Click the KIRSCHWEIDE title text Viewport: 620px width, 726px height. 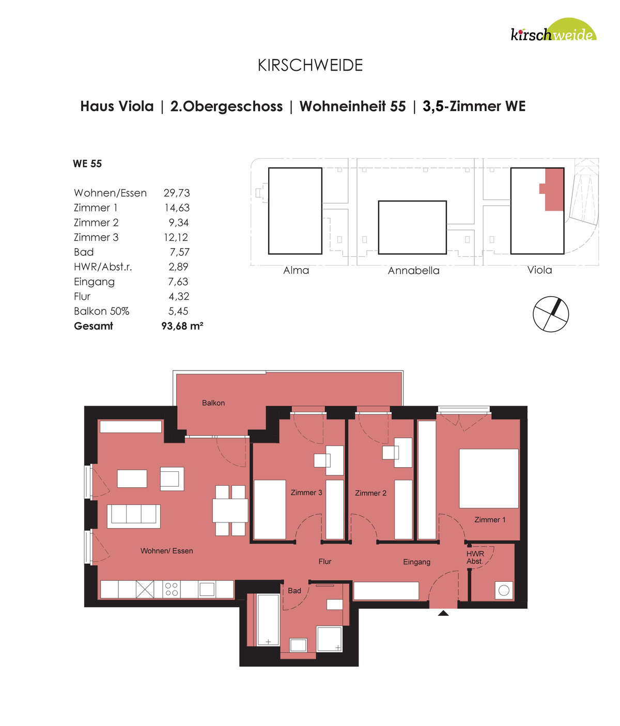[x=310, y=65]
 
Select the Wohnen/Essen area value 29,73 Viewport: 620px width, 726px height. [x=177, y=193]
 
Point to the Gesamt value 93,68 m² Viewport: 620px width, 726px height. [x=182, y=326]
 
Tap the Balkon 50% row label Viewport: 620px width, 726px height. [x=101, y=311]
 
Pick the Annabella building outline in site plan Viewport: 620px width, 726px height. [x=412, y=227]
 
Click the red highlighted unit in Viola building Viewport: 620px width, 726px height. [x=552, y=189]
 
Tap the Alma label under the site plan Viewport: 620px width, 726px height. [x=296, y=270]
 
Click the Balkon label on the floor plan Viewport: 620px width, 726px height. [x=213, y=403]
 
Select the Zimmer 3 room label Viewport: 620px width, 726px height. [x=306, y=492]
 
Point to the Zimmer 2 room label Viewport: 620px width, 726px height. [x=370, y=493]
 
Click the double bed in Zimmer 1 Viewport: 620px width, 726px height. [x=489, y=478]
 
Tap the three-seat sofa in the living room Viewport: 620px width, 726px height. [x=133, y=516]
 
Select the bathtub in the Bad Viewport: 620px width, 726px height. [x=268, y=620]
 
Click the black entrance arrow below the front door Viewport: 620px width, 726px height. [x=443, y=613]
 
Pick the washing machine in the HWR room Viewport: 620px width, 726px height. [x=504, y=591]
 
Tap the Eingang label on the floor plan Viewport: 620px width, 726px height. [x=416, y=562]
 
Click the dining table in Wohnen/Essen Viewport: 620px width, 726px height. [x=230, y=511]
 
